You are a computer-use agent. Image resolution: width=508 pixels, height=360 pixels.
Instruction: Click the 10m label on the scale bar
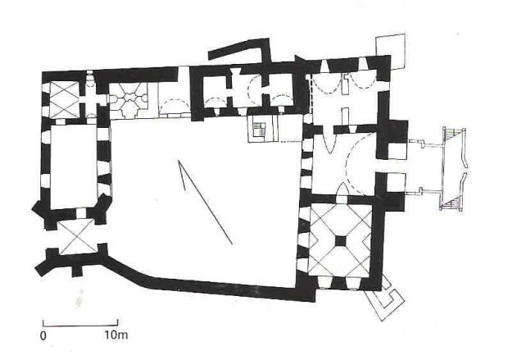116,335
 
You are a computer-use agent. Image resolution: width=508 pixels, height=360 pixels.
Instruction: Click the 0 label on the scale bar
43,335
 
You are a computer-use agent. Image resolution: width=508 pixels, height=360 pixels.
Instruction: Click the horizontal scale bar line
80,325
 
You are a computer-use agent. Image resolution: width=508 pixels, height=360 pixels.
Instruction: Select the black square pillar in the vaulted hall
340,241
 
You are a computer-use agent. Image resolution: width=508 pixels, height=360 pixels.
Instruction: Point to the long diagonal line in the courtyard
205,202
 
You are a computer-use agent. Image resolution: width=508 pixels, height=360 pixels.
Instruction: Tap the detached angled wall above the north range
240,50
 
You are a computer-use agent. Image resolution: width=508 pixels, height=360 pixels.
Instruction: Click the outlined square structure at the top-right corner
390,51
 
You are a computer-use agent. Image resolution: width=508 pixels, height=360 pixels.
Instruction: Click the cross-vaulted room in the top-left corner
63,100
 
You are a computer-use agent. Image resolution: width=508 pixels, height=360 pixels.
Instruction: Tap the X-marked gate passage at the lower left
78,236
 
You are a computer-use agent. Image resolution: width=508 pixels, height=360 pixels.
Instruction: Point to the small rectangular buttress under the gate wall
77,271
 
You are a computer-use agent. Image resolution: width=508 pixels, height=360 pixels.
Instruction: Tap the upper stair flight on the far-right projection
451,134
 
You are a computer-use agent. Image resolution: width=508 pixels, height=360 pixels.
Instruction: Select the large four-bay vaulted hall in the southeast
341,241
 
